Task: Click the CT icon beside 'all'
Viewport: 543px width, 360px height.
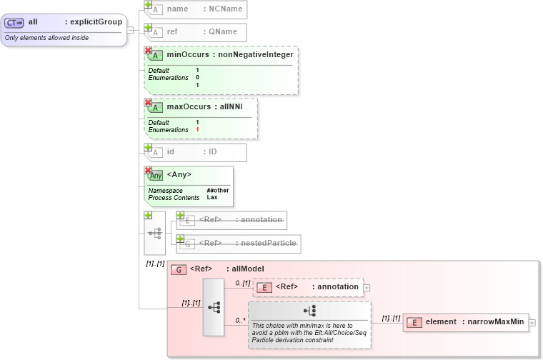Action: [14, 23]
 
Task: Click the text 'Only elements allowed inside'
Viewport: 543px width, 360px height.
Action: [47, 37]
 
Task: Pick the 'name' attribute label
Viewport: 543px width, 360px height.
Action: [177, 9]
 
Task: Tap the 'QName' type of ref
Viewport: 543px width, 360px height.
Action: [222, 32]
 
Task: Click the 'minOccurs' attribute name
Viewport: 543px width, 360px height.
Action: [188, 54]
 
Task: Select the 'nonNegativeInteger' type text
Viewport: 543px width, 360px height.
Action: [254, 54]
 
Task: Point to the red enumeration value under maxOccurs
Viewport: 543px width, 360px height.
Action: [197, 130]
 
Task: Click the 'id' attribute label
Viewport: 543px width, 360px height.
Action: [171, 151]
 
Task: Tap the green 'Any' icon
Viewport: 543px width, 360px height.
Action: [155, 175]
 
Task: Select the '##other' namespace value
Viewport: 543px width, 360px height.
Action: [218, 191]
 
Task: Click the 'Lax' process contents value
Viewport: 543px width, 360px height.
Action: [212, 197]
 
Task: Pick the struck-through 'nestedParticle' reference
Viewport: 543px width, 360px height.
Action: [266, 243]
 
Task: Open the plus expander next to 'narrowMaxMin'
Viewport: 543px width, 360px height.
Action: [532, 323]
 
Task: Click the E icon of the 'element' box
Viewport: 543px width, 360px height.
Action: [414, 322]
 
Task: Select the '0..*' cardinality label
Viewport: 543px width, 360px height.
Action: [240, 321]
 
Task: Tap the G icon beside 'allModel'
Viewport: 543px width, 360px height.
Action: [178, 269]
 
